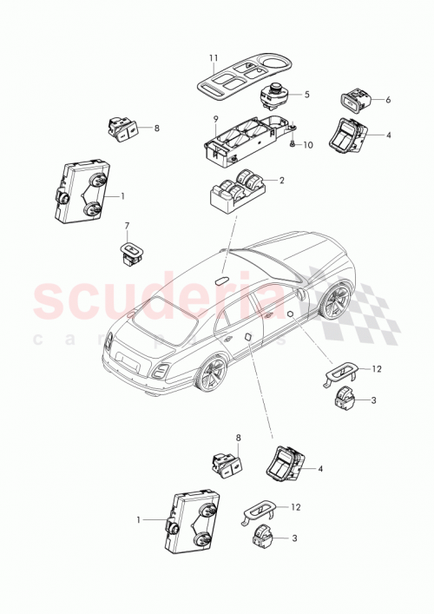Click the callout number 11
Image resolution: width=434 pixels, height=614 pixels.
212,59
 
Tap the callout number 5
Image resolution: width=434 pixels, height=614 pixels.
306,95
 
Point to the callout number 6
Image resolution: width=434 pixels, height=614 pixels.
388,100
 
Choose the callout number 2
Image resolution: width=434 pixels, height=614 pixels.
281,181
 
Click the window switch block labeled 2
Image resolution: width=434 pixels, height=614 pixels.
239,191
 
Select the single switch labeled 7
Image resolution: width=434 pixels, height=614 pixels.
131,253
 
